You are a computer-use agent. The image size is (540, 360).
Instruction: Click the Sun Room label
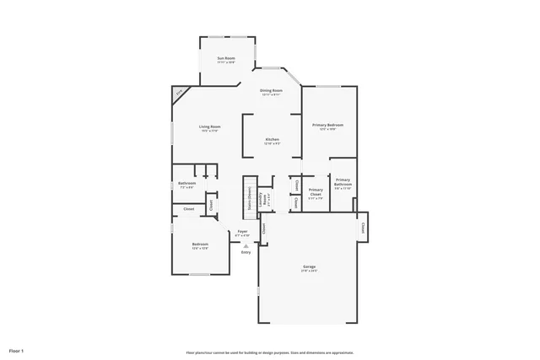click(x=225, y=58)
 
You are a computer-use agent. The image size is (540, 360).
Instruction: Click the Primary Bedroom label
click(x=327, y=125)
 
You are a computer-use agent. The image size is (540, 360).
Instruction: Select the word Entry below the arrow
click(x=246, y=252)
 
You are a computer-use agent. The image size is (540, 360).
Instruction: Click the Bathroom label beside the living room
click(x=186, y=184)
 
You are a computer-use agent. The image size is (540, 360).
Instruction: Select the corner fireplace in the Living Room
click(x=179, y=93)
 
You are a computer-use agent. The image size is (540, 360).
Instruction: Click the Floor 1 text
click(x=17, y=349)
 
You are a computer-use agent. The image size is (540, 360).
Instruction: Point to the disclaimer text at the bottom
click(x=270, y=352)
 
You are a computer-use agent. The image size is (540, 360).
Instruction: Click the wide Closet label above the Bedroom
click(x=189, y=208)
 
